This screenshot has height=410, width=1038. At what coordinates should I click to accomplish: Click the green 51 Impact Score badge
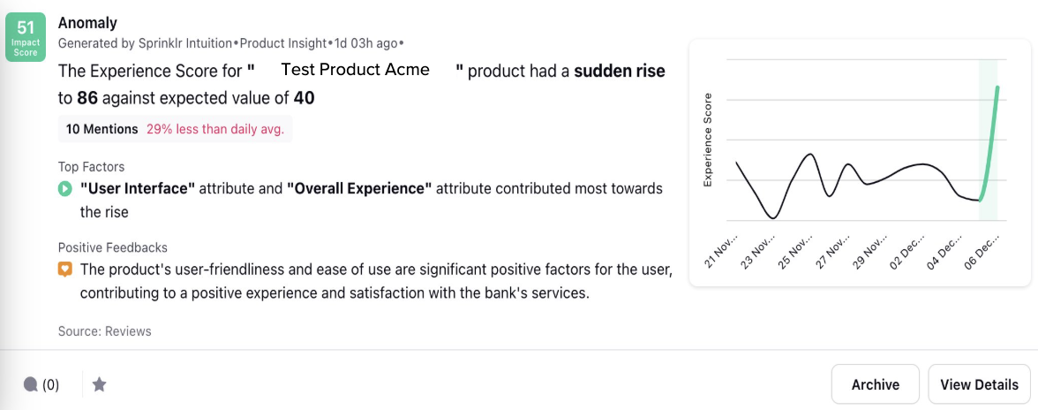(x=25, y=38)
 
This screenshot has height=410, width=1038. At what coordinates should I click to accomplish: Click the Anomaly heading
(x=87, y=23)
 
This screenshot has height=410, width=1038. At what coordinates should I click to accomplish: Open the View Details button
(x=979, y=384)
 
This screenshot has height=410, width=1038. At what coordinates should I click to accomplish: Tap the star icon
(x=99, y=384)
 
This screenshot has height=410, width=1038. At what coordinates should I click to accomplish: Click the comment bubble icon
(x=30, y=384)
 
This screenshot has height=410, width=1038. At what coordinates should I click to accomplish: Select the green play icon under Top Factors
(x=65, y=189)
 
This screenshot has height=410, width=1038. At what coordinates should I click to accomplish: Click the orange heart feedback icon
(x=65, y=270)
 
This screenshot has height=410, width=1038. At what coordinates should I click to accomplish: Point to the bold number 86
(x=87, y=99)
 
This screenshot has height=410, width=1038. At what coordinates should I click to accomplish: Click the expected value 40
(x=304, y=99)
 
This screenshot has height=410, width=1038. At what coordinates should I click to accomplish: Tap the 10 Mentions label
(x=102, y=129)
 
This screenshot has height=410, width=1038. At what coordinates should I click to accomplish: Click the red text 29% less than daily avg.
(x=215, y=129)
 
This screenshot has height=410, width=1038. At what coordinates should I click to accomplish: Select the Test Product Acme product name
(x=356, y=70)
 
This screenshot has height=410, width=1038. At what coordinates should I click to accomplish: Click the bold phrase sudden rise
(x=619, y=71)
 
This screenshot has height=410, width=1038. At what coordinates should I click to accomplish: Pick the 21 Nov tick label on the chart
(x=722, y=251)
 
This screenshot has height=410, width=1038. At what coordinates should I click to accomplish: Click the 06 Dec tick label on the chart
(x=982, y=251)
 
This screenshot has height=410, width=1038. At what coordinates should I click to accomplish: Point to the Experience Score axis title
(x=708, y=140)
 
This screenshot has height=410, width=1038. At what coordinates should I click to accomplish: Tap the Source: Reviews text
(x=104, y=331)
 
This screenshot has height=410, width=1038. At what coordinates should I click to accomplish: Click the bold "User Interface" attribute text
(x=138, y=189)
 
